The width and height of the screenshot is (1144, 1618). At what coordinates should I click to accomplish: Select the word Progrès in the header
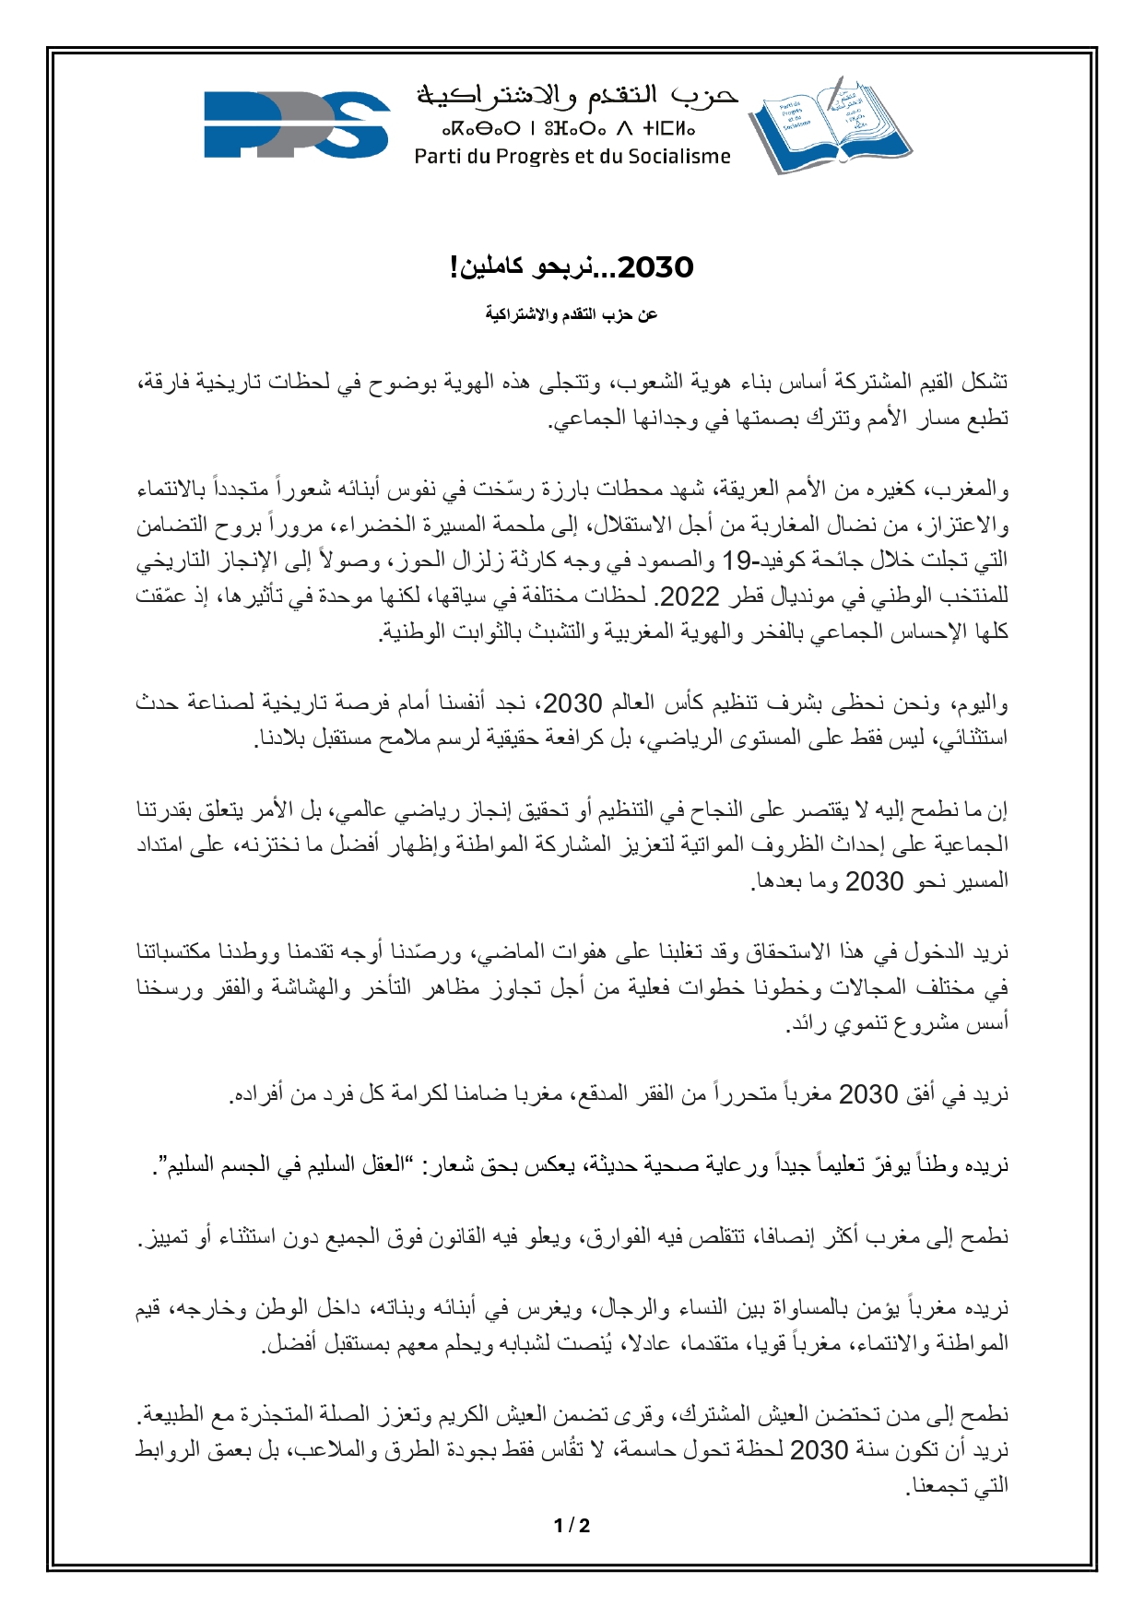point(536,157)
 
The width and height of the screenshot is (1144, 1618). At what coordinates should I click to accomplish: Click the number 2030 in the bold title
point(655,268)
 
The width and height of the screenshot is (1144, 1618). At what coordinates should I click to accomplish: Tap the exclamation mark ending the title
point(454,268)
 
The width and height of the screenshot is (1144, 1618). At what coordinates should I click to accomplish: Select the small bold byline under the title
point(572,315)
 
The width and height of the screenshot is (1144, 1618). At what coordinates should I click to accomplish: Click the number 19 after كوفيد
point(738,561)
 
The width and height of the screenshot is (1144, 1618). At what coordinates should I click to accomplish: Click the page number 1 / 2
point(572,1526)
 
